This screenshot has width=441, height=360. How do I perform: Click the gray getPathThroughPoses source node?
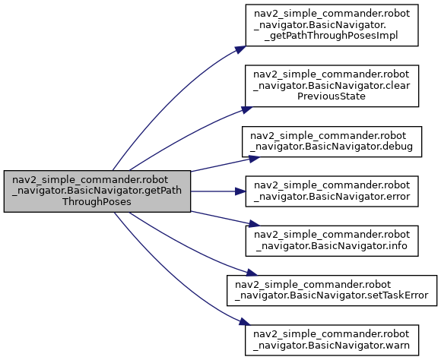pyautogui.click(x=97, y=191)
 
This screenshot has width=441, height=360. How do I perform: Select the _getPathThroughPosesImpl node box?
pyautogui.click(x=332, y=25)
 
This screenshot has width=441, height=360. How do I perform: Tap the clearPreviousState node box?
pyautogui.click(x=332, y=86)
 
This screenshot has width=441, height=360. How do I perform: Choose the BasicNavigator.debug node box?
pyautogui.click(x=332, y=141)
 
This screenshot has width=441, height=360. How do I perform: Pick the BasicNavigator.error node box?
pyautogui.click(x=332, y=191)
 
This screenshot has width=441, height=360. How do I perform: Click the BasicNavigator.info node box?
pyautogui.click(x=332, y=241)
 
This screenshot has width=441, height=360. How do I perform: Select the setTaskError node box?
pyautogui.click(x=332, y=291)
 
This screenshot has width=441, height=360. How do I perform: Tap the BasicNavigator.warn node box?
pyautogui.click(x=332, y=340)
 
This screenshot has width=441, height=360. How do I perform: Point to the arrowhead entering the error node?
pyautogui.click(x=240, y=191)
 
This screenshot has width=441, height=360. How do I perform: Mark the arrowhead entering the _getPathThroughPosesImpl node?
pyautogui.click(x=240, y=49)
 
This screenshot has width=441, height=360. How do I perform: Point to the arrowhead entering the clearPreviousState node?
pyautogui.click(x=247, y=109)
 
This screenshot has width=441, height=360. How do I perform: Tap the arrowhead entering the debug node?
pyautogui.click(x=254, y=159)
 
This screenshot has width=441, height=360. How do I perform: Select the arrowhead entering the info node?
pyautogui.click(x=254, y=224)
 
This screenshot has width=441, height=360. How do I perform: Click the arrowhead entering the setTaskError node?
pyautogui.click(x=252, y=273)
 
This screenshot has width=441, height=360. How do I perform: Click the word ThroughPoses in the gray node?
pyautogui.click(x=97, y=202)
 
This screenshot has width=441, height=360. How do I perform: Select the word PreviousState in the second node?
pyautogui.click(x=332, y=96)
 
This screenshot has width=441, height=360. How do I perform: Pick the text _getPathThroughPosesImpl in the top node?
pyautogui.click(x=332, y=36)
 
